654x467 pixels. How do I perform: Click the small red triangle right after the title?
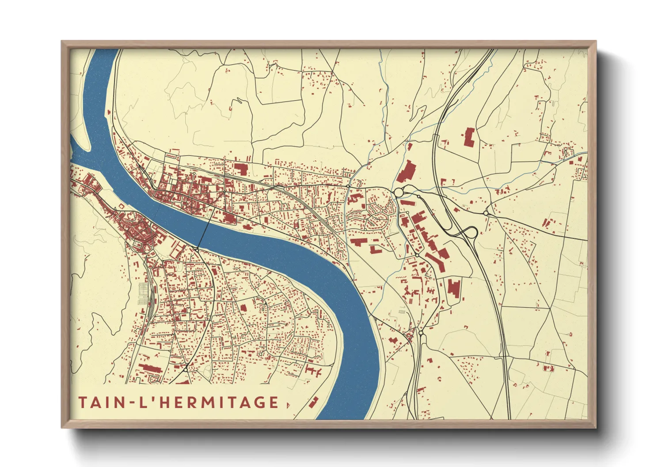click(288, 404)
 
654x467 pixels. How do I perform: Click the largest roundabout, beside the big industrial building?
click(399, 192)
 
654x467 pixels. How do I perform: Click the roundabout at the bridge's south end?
click(196, 250)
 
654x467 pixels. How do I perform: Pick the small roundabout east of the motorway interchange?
click(486, 213)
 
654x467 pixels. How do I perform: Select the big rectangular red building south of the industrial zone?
click(454, 287)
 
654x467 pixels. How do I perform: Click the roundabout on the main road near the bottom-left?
click(186, 369)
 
